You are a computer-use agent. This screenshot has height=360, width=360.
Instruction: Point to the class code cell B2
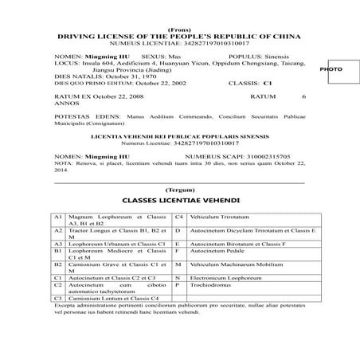(58, 263)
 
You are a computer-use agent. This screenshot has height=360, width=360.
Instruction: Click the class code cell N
(178, 276)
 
